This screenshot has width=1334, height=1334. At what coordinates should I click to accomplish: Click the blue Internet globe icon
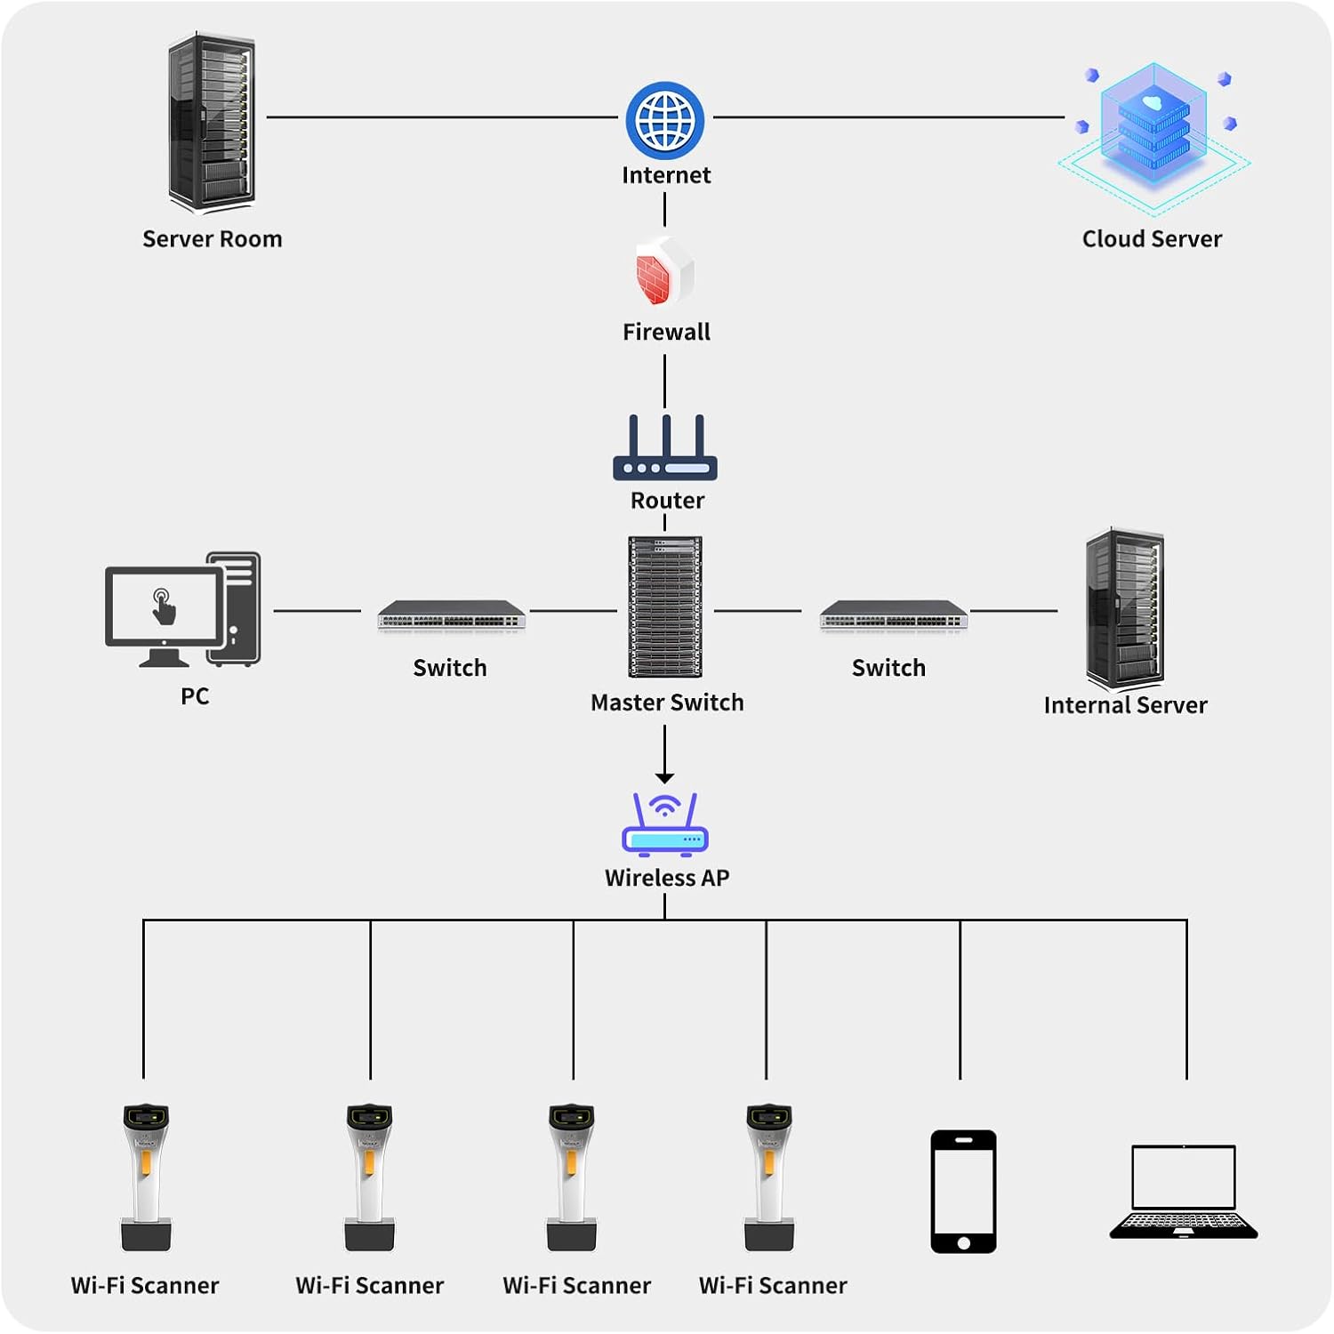pos(665,121)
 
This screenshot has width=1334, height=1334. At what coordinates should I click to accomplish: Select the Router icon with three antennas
pos(665,449)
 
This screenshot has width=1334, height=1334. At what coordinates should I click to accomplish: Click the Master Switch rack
pos(665,607)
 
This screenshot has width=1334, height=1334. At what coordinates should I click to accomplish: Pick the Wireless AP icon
pos(665,824)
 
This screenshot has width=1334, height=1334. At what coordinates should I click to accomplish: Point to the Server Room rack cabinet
pos(212,123)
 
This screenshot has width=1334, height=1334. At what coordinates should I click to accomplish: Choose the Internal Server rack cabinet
pos(1125,609)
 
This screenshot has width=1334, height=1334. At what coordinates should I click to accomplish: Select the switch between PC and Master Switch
pos(451,615)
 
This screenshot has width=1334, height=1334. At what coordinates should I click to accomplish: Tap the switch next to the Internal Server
pos(893,615)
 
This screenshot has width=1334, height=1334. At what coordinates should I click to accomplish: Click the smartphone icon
pos(963,1192)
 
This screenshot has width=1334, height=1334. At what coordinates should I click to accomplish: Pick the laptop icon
pos(1184,1192)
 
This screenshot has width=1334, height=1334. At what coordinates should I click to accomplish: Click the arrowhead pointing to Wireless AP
pos(665,778)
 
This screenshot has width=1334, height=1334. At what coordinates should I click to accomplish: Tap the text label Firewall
pos(666,333)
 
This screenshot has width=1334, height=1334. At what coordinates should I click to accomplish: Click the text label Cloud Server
pos(1152,239)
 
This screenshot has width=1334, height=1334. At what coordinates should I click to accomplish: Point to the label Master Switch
pos(667,703)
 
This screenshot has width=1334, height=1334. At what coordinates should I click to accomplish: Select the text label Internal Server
pos(1125,705)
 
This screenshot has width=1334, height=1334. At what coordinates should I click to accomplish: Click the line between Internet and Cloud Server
pos(889,117)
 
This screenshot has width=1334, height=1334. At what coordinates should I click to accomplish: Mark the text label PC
pos(195,695)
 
